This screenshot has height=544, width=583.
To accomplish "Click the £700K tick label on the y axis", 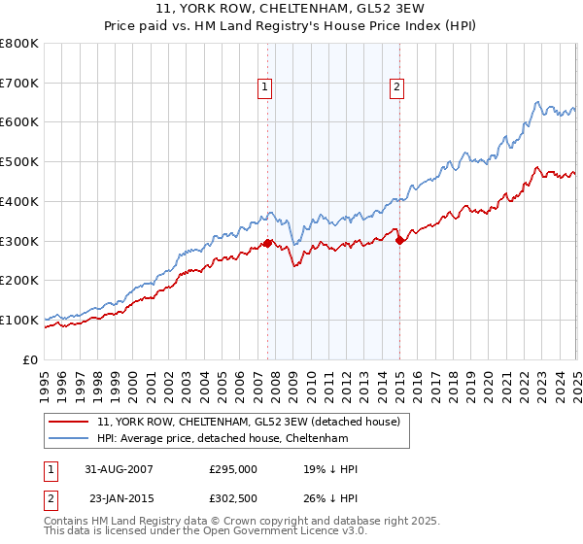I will tap(19, 83).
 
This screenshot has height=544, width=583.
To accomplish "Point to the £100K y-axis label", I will tap(19, 320).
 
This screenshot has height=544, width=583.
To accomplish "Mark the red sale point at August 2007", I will tap(268, 244).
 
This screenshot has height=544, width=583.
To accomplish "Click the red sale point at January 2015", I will tap(399, 240).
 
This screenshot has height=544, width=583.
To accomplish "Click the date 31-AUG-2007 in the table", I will tap(120, 469).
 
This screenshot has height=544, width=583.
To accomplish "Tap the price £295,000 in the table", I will tap(233, 469).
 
